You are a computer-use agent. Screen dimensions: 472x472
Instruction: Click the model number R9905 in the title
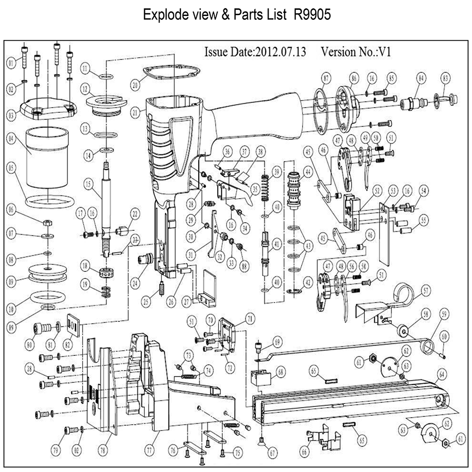coord(312,15)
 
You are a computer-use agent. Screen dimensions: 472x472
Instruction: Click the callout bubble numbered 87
coord(325,78)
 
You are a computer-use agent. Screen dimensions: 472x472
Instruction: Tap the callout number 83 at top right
coord(445,78)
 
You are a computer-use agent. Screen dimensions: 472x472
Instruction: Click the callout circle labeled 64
coord(441,376)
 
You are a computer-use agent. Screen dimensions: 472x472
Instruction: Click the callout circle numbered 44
coord(309,173)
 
